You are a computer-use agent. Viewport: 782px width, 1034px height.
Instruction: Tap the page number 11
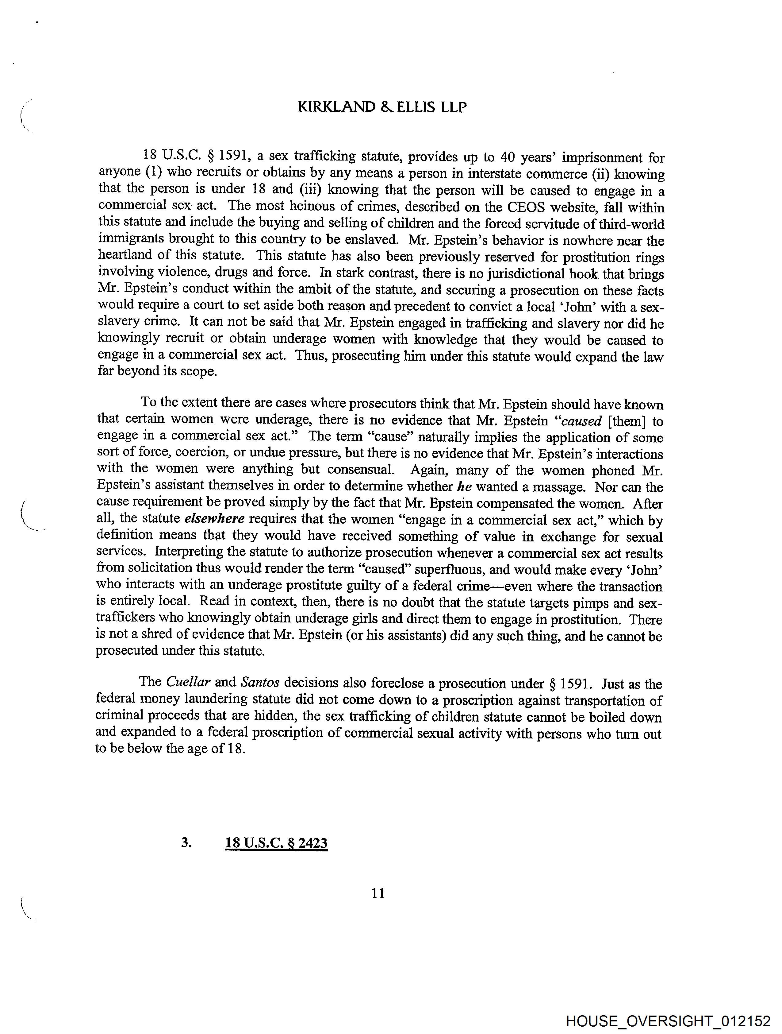pos(378,893)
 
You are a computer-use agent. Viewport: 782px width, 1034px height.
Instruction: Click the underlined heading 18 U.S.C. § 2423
pos(276,843)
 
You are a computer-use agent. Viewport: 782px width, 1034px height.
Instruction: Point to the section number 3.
pos(186,842)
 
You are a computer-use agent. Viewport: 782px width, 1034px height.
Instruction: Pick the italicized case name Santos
pos(260,683)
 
